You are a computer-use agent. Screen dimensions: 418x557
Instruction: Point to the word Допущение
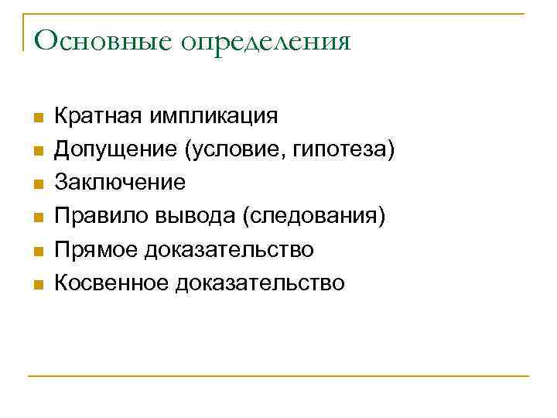pos(115,149)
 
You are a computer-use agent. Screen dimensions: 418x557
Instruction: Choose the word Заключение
pos(120,183)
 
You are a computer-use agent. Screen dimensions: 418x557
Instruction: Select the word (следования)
pos(313,216)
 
